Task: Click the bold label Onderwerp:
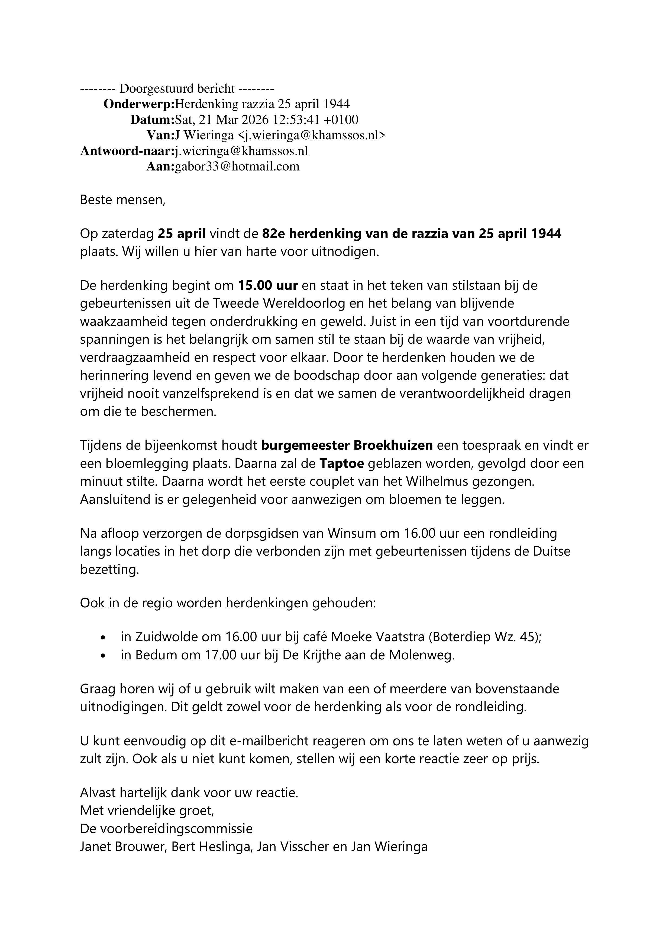tap(139, 104)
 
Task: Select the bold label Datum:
tap(152, 120)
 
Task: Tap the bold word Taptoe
tap(342, 463)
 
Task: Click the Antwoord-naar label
tap(126, 151)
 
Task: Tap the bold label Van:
tap(160, 136)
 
